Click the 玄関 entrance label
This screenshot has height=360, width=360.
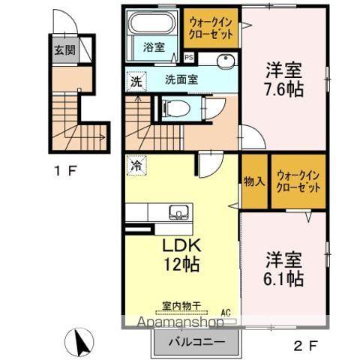(x=64, y=51)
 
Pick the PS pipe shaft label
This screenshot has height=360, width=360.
(x=188, y=57)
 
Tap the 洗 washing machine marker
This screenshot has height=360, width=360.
(x=136, y=82)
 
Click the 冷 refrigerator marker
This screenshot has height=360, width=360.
(x=135, y=165)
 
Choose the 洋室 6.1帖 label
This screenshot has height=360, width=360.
(x=283, y=271)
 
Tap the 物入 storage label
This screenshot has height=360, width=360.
(x=254, y=180)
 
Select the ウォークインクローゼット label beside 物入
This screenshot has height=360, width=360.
(x=298, y=181)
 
